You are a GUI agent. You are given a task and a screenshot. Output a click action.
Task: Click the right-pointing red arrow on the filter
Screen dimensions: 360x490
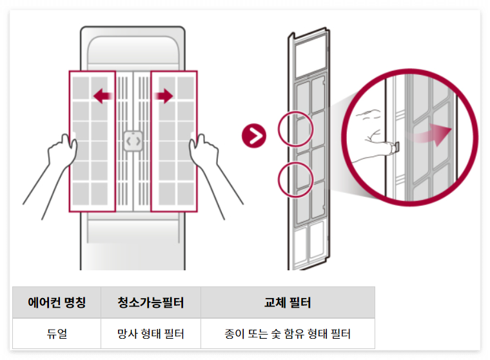pos(164,97)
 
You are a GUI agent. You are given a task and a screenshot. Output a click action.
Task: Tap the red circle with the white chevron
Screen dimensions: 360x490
pos(254,135)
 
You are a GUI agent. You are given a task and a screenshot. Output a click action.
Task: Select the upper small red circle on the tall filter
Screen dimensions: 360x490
pos(295,128)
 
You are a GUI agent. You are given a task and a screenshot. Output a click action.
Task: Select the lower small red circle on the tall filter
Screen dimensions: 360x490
pos(295,178)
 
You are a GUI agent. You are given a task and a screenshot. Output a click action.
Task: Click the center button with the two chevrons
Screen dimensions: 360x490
pos(133,141)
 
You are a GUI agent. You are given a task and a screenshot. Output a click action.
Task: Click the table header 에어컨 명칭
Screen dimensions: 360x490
pos(57,303)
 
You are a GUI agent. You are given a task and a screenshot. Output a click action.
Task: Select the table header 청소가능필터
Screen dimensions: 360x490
pos(151,303)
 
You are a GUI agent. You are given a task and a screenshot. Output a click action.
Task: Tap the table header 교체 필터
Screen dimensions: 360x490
pos(288,303)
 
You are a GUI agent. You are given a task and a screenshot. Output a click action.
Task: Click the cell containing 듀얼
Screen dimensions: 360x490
pos(57,334)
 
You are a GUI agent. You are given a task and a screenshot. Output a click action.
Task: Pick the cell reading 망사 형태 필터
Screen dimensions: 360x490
pos(151,334)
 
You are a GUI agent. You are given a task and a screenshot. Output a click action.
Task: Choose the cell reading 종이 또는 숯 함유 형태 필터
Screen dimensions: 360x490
pos(288,334)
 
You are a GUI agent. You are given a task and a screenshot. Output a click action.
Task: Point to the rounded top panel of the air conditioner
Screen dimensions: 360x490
pos(133,52)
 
